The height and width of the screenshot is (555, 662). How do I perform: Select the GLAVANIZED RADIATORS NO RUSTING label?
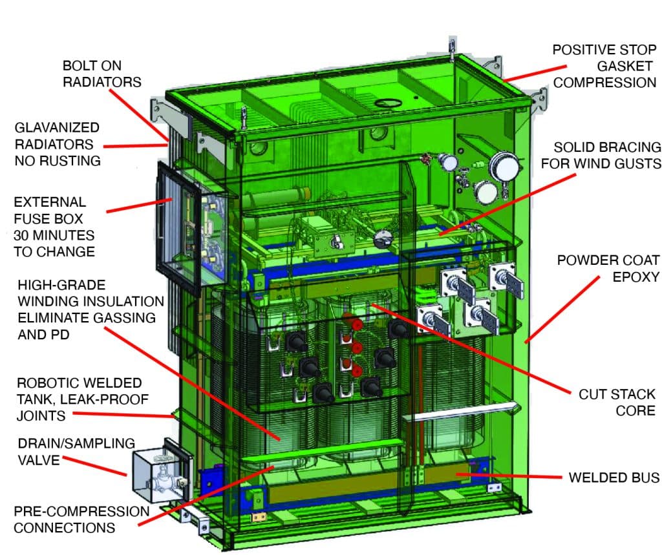pos(58,144)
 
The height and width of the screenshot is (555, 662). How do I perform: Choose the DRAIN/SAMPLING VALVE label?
pos(76,451)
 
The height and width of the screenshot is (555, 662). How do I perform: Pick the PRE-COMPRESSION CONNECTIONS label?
pos(81,519)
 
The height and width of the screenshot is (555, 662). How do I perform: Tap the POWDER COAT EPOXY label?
pos(608,268)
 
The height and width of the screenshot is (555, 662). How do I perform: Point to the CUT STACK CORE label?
pos(616,402)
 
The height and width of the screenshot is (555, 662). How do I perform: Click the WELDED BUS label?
pos(614,477)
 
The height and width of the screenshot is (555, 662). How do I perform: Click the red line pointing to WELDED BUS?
pos(511,476)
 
